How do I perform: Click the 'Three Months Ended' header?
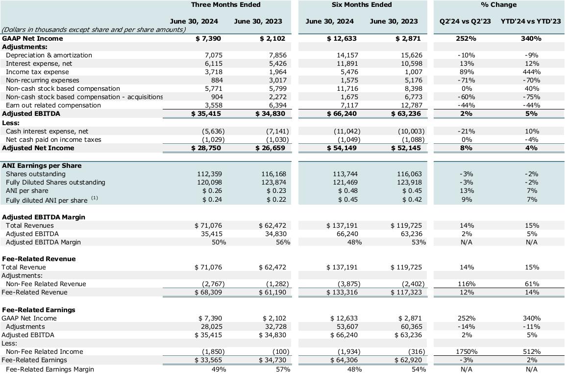(x=225, y=5)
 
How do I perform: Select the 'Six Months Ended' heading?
(x=362, y=5)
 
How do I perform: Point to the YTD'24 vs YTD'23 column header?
(x=531, y=22)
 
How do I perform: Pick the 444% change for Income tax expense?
(x=532, y=72)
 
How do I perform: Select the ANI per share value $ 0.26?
(x=212, y=191)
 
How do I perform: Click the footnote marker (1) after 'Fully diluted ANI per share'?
(x=95, y=198)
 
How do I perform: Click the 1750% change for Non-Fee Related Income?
(x=467, y=352)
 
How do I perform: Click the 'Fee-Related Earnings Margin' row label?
(x=49, y=370)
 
